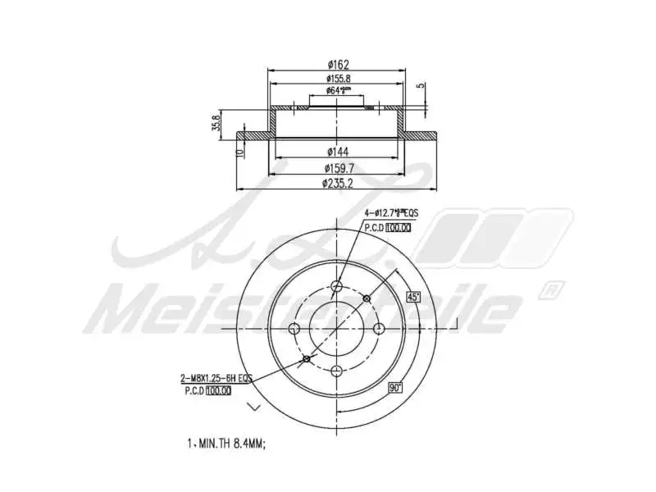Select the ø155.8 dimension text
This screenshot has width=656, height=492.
[x=337, y=79]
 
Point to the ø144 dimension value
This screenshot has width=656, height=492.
[x=337, y=152]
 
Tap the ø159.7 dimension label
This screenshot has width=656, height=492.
[x=337, y=168]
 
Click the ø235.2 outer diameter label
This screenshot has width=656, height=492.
[x=337, y=183]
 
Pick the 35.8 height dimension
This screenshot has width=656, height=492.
[x=216, y=123]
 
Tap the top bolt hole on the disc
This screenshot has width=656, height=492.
[x=337, y=286]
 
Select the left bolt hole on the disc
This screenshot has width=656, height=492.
[x=295, y=328]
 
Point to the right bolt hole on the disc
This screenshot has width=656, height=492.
[x=379, y=328]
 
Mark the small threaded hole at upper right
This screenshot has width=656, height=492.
[x=367, y=298]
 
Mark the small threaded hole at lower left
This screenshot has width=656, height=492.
[x=307, y=358]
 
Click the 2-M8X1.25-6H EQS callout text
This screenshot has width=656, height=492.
[x=215, y=378]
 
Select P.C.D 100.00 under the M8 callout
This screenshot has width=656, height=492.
[x=207, y=391]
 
